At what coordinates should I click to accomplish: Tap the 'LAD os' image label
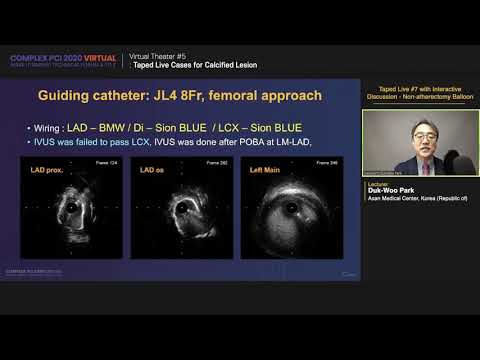click(147, 172)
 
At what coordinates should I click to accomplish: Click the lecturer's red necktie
click(417, 165)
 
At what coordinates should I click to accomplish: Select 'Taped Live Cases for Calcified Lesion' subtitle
click(195, 64)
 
